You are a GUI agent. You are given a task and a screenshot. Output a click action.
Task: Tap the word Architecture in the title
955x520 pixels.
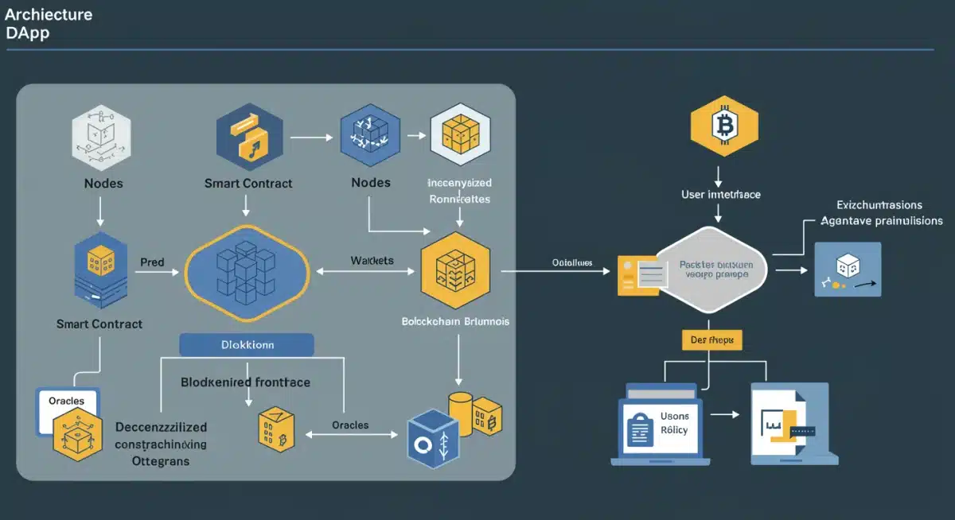[x=49, y=14]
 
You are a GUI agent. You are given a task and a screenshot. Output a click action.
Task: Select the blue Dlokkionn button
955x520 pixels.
[x=247, y=345]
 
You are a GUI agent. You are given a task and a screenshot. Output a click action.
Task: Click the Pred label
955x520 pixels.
[x=151, y=261]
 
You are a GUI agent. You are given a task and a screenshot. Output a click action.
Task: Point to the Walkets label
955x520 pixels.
[x=372, y=261]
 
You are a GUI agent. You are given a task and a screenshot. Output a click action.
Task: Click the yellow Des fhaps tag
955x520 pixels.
[x=712, y=340]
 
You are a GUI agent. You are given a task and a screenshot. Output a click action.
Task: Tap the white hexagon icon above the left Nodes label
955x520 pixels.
[x=99, y=142]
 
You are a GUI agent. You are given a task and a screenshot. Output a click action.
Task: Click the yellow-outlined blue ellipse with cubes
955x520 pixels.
[x=247, y=272]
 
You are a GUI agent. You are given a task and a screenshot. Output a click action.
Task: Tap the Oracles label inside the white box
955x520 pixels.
[x=66, y=401]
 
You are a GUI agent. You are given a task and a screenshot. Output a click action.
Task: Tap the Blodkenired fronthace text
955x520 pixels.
[x=246, y=382]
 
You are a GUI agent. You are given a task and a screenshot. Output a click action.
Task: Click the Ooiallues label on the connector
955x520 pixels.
[x=571, y=263]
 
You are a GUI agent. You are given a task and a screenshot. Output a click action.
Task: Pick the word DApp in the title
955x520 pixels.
[x=27, y=33]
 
